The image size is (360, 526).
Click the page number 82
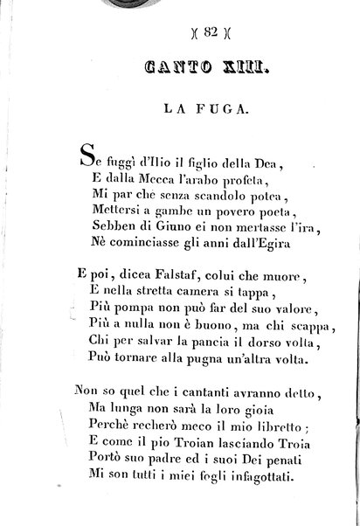(184, 35)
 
